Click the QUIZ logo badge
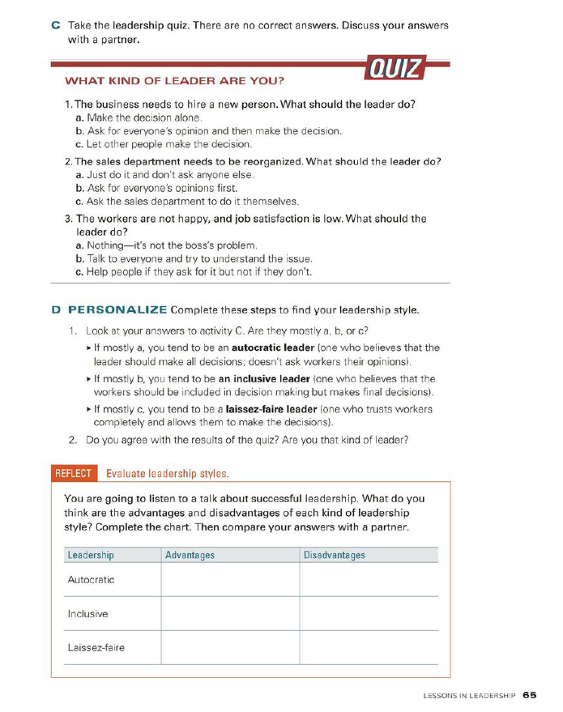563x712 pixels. pyautogui.click(x=395, y=68)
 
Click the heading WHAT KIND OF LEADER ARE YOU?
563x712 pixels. pyautogui.click(x=174, y=81)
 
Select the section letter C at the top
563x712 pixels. pyautogui.click(x=55, y=25)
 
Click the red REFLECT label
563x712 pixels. pyautogui.click(x=74, y=473)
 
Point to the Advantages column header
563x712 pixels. pyautogui.click(x=190, y=555)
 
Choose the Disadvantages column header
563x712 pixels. pyautogui.click(x=334, y=555)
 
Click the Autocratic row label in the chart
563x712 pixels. pyautogui.click(x=91, y=580)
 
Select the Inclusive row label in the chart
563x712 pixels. pyautogui.click(x=87, y=614)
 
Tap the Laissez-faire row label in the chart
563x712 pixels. pyautogui.click(x=96, y=648)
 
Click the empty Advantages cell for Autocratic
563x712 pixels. pyautogui.click(x=230, y=580)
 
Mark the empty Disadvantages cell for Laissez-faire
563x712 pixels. pyautogui.click(x=369, y=648)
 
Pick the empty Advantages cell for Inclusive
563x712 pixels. pyautogui.click(x=230, y=614)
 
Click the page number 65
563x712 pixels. pyautogui.click(x=530, y=694)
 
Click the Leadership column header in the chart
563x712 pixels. pyautogui.click(x=91, y=555)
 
